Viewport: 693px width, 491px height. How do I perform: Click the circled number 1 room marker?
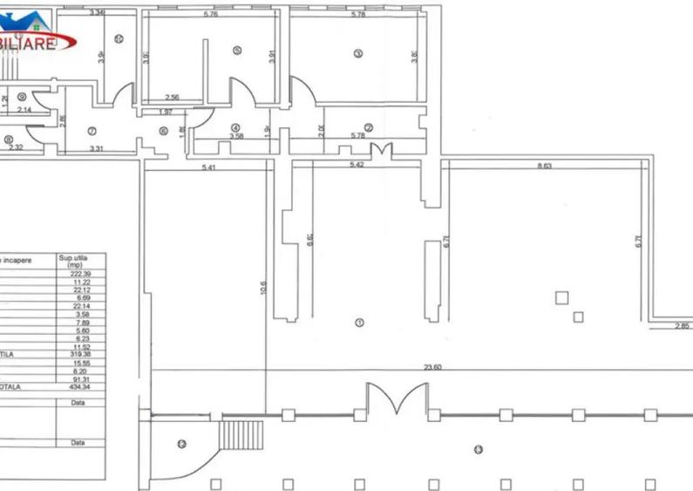point(359,323)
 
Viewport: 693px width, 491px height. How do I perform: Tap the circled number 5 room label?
point(236,51)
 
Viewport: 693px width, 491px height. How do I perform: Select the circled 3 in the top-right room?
point(357,52)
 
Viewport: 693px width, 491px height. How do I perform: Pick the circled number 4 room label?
point(234,127)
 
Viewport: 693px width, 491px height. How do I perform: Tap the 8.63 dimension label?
point(545,166)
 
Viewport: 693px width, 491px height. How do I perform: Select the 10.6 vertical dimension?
point(263,289)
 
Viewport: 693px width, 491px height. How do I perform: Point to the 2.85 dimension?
point(682,327)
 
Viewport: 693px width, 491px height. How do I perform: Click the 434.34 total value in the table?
point(81,386)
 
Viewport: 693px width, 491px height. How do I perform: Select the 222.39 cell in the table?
point(81,274)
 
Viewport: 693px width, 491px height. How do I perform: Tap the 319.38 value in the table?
point(81,354)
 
